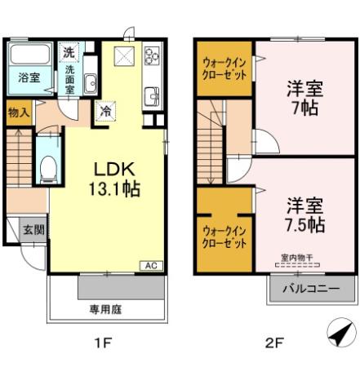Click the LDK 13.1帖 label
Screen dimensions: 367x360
coord(115,180)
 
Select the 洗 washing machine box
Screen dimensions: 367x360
coord(70,52)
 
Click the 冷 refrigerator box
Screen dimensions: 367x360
coord(105,112)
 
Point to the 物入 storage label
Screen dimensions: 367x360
coord(19,112)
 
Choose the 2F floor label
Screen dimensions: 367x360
coord(273,343)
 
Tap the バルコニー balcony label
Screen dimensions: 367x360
coord(311,288)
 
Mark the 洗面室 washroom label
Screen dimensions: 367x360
coord(70,79)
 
